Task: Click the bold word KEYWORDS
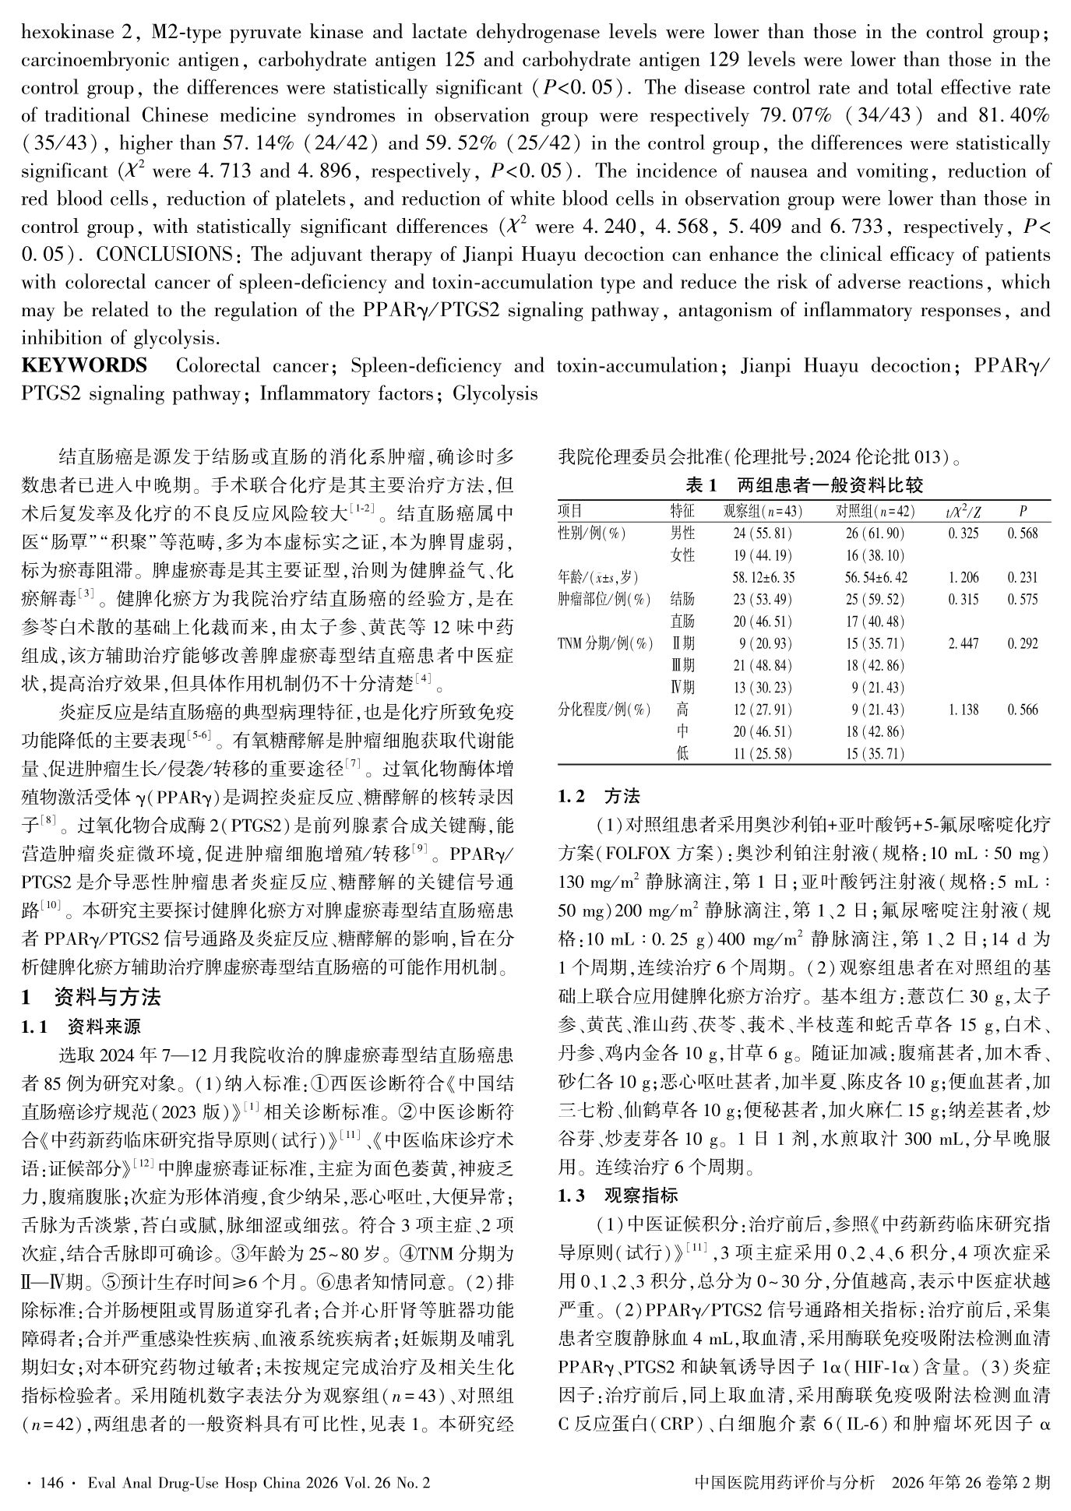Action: pyautogui.click(x=84, y=366)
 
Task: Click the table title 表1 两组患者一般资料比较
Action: pyautogui.click(x=804, y=486)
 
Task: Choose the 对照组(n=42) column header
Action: pyautogui.click(x=875, y=512)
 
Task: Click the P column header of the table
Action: pyautogui.click(x=1022, y=512)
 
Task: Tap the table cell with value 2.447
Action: pyautogui.click(x=963, y=644)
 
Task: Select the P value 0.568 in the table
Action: pyautogui.click(x=1022, y=534)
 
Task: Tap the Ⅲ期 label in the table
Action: pyautogui.click(x=682, y=666)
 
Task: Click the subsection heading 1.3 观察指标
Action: pyautogui.click(x=618, y=1196)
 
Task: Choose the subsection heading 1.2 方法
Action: pyautogui.click(x=599, y=797)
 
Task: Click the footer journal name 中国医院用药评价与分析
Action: pyautogui.click(x=784, y=1482)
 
